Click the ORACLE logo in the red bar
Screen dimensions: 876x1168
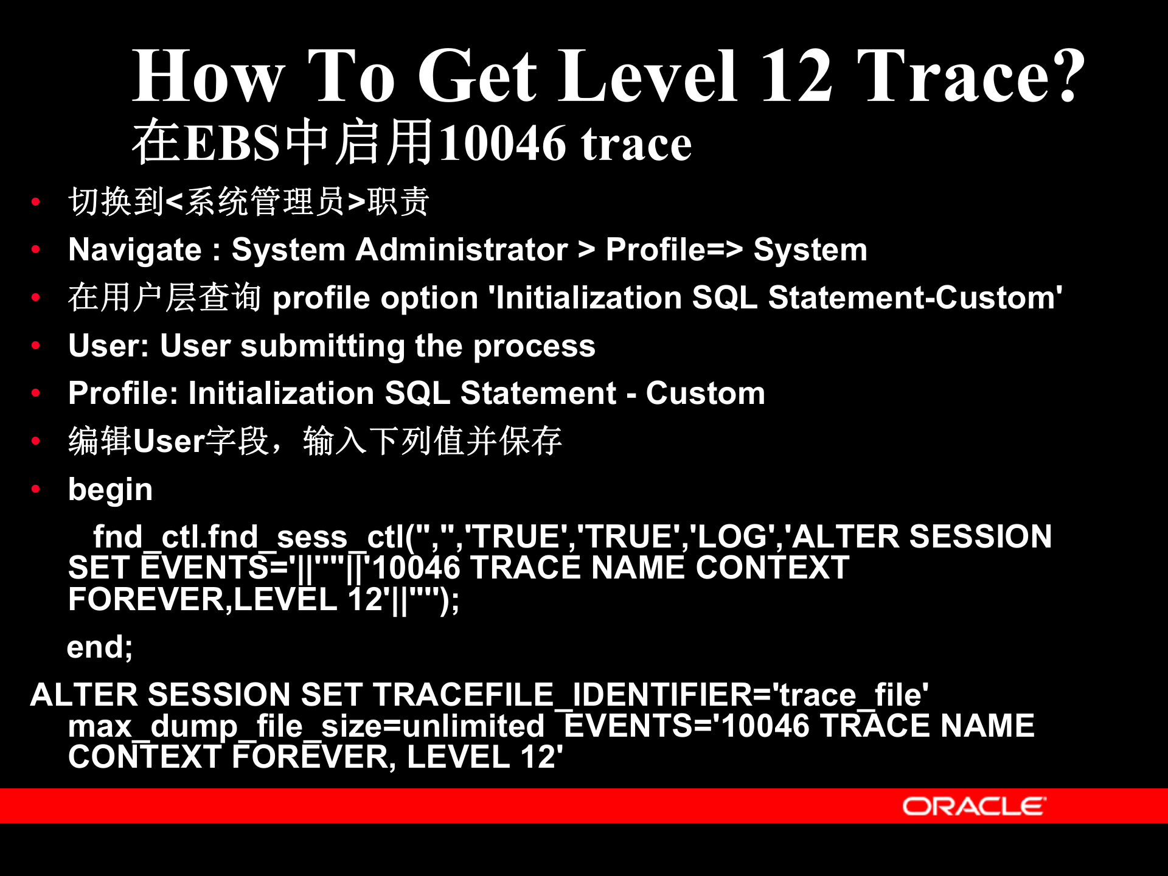pyautogui.click(x=973, y=806)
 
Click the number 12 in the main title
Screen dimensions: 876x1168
pyautogui.click(x=796, y=76)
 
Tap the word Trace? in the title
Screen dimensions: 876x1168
pyautogui.click(x=970, y=76)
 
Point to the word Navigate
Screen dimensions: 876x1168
pyautogui.click(x=134, y=250)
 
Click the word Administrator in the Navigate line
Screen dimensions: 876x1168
pyautogui.click(x=462, y=250)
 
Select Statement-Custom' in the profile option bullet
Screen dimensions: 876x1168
pyautogui.click(x=915, y=298)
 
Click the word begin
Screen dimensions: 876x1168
pyautogui.click(x=110, y=490)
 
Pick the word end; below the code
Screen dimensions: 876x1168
pyautogui.click(x=99, y=647)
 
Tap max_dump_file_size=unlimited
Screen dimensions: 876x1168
pyautogui.click(x=306, y=726)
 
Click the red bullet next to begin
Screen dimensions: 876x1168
pyautogui.click(x=36, y=488)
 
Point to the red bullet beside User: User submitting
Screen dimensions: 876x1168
pyautogui.click(x=36, y=345)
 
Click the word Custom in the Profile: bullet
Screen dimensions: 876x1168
pyautogui.click(x=705, y=394)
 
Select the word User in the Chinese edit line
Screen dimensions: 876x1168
pyautogui.click(x=169, y=442)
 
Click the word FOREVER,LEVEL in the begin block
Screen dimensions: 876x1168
pyautogui.click(x=202, y=600)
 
